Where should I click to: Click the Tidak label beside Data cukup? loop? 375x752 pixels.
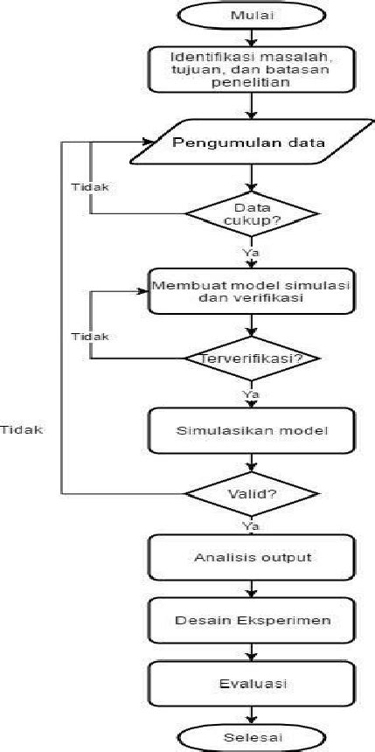coord(90,187)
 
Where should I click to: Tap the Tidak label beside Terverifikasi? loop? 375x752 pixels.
coord(90,336)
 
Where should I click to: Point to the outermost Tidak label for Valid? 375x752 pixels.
coord(22,429)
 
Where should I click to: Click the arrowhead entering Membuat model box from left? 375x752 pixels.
coord(143,290)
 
